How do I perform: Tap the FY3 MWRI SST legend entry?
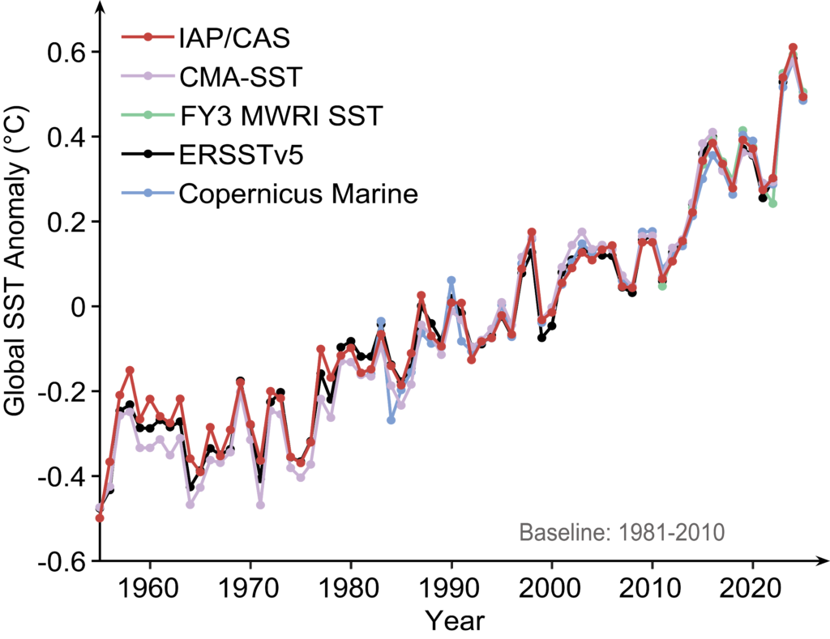279,117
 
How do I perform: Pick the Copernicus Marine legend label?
297,194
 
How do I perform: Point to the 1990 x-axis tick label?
451,586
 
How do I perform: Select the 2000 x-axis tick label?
551,586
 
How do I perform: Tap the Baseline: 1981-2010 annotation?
621,535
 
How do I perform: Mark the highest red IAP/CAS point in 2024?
793,48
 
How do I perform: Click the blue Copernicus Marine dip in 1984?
391,420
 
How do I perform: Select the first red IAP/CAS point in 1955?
100,518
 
